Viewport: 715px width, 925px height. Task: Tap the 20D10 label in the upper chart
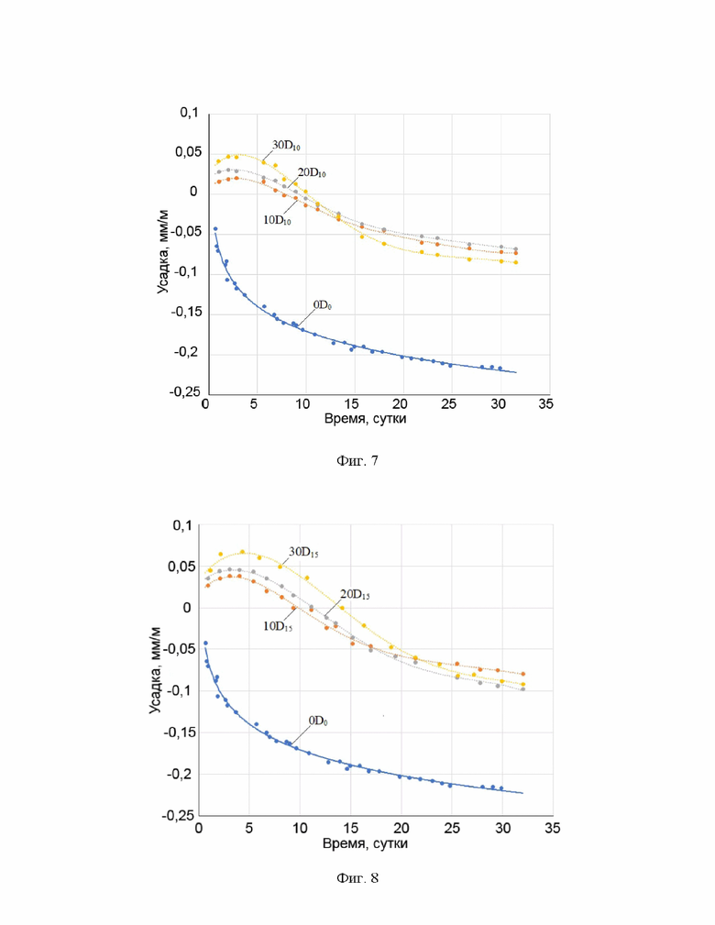312,172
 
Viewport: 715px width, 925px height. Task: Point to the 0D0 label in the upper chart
323,303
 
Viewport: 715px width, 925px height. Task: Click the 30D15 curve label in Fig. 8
303,553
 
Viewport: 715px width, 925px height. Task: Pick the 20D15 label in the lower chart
355,595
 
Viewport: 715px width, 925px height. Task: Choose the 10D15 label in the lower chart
279,627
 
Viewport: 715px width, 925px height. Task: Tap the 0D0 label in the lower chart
318,721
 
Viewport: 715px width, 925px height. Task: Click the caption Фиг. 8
357,879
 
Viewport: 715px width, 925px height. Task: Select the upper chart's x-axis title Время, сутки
365,419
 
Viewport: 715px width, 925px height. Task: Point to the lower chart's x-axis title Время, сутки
365,843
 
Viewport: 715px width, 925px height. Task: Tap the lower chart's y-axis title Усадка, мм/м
157,668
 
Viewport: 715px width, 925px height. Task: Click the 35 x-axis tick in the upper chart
545,404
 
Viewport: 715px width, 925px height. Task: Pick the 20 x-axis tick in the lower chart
401,828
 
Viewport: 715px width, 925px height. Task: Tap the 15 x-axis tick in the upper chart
351,404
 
